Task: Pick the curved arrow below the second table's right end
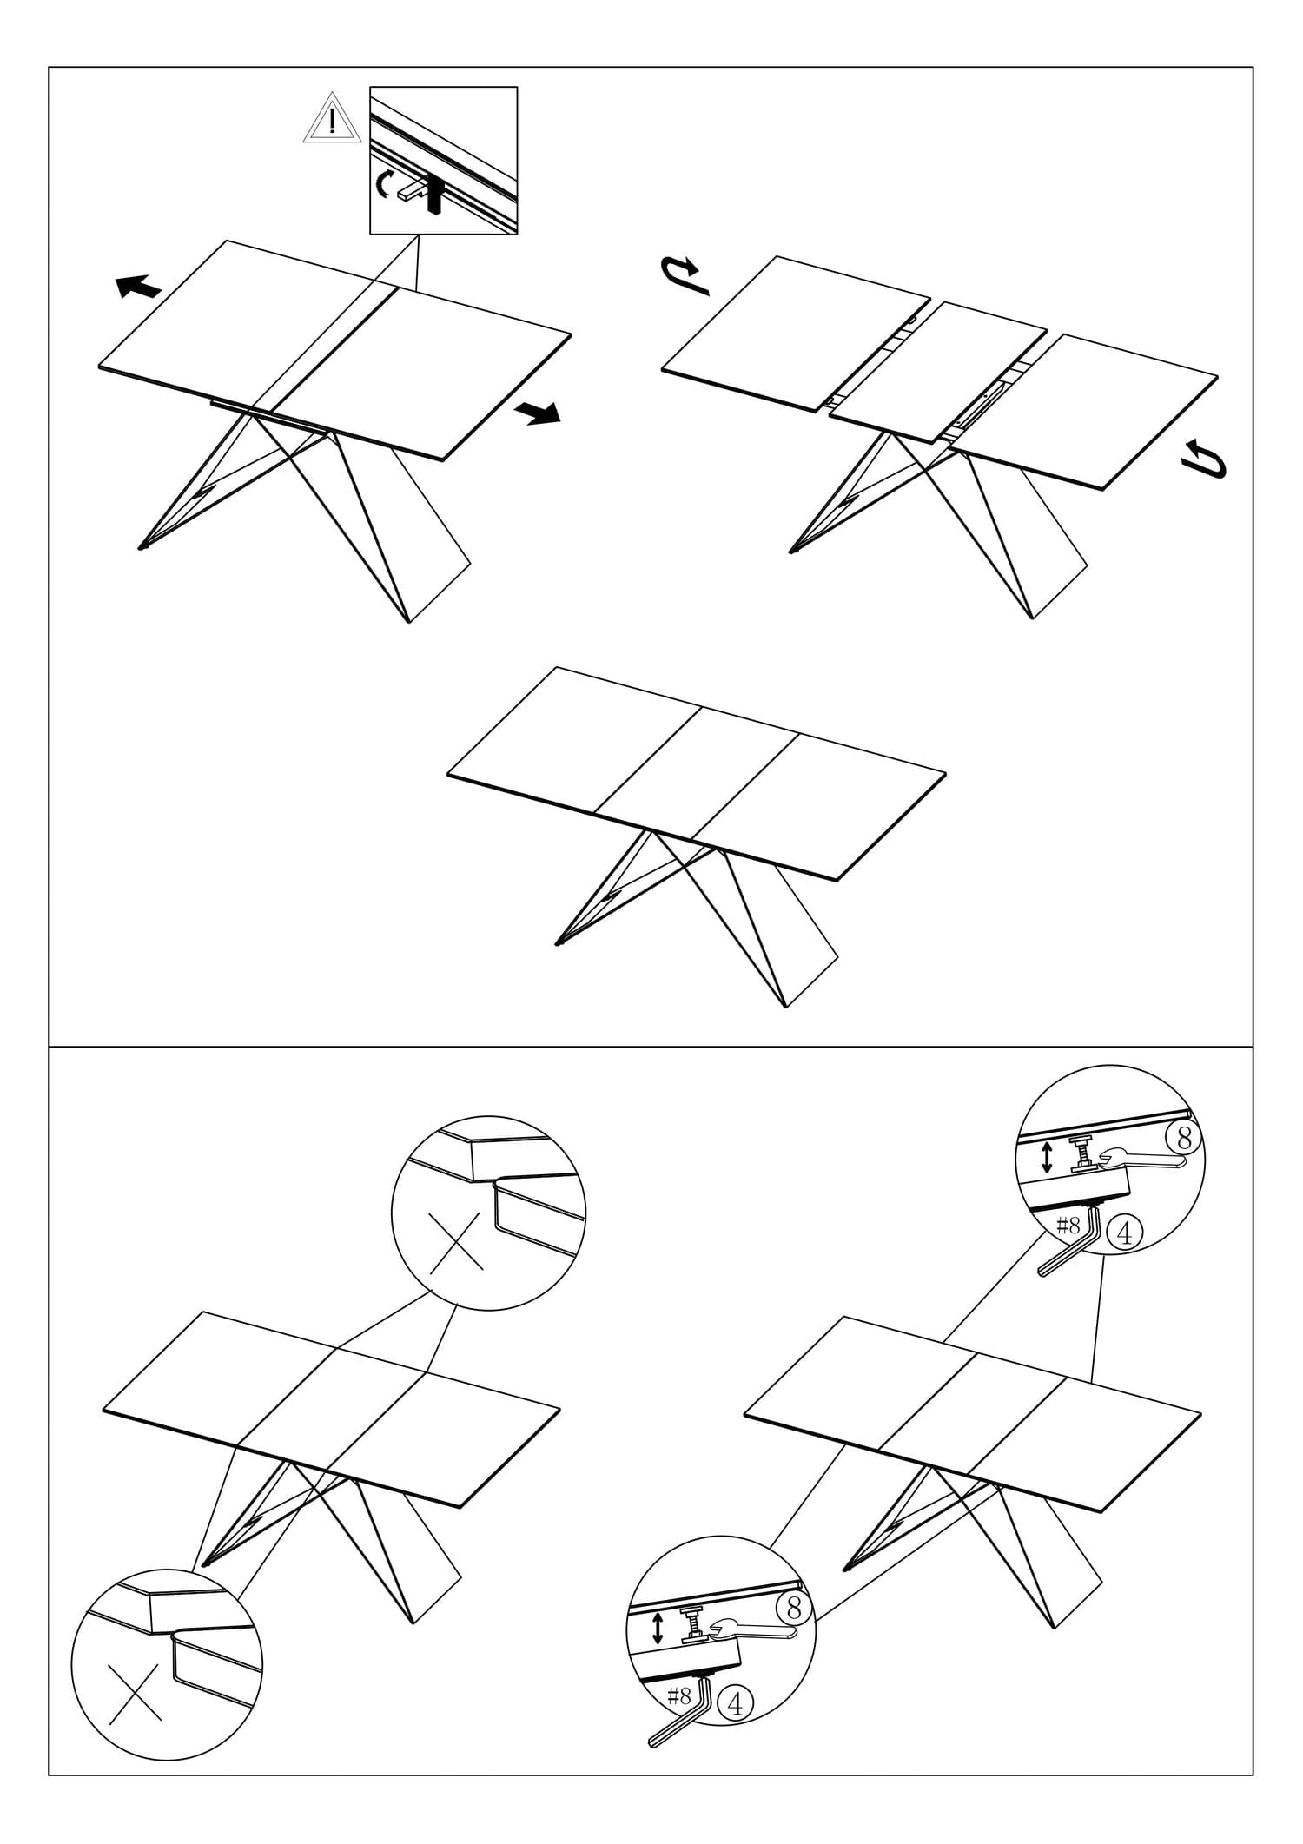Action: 1207,459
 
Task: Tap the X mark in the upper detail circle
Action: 456,1243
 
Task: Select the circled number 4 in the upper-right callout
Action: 1125,1233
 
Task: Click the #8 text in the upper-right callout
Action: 1068,1226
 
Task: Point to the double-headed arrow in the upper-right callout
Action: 1047,1157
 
